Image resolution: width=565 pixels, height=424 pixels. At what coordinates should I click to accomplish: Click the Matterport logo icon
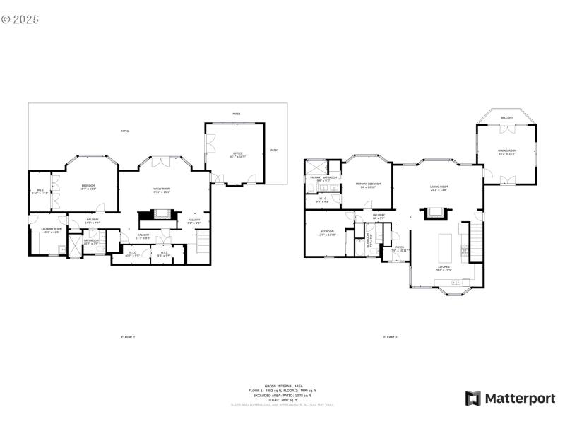pyautogui.click(x=472, y=399)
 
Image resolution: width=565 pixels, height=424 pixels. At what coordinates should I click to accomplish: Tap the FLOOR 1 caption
pyautogui.click(x=128, y=337)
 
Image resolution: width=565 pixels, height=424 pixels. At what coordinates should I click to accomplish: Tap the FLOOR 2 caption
pyautogui.click(x=391, y=337)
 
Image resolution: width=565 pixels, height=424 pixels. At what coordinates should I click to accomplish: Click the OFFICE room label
pyautogui.click(x=238, y=154)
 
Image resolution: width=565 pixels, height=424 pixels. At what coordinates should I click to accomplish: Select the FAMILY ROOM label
pyautogui.click(x=162, y=189)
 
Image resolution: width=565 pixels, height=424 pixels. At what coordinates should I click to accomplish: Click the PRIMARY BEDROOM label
pyautogui.click(x=367, y=184)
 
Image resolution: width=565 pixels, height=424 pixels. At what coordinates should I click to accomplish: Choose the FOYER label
pyautogui.click(x=400, y=248)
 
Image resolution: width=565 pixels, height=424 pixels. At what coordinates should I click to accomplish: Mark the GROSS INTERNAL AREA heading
pyautogui.click(x=282, y=386)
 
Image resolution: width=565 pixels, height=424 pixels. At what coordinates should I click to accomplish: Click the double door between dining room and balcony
pyautogui.click(x=506, y=129)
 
